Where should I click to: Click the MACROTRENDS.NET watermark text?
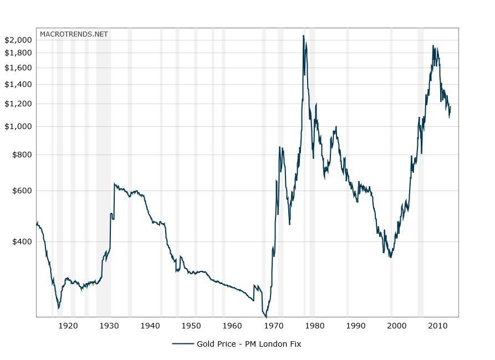(x=74, y=34)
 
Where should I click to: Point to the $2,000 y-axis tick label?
(x=18, y=40)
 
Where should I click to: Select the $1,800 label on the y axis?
(x=18, y=53)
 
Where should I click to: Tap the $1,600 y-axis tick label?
(x=18, y=68)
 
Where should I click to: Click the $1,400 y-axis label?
(x=18, y=84)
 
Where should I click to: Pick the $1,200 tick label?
(x=18, y=104)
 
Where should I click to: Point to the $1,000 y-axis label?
(x=18, y=126)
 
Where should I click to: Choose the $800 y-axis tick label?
(x=22, y=155)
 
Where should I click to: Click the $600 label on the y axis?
(x=22, y=191)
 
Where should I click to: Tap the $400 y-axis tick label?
(x=22, y=241)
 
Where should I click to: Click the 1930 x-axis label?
(x=109, y=325)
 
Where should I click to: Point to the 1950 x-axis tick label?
(x=191, y=325)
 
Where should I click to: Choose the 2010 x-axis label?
(x=438, y=325)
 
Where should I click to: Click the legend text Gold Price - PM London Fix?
(x=248, y=344)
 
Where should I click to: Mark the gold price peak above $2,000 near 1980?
(x=303, y=36)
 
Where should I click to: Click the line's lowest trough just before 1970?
(x=266, y=316)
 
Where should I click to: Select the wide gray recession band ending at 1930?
(x=103, y=172)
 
